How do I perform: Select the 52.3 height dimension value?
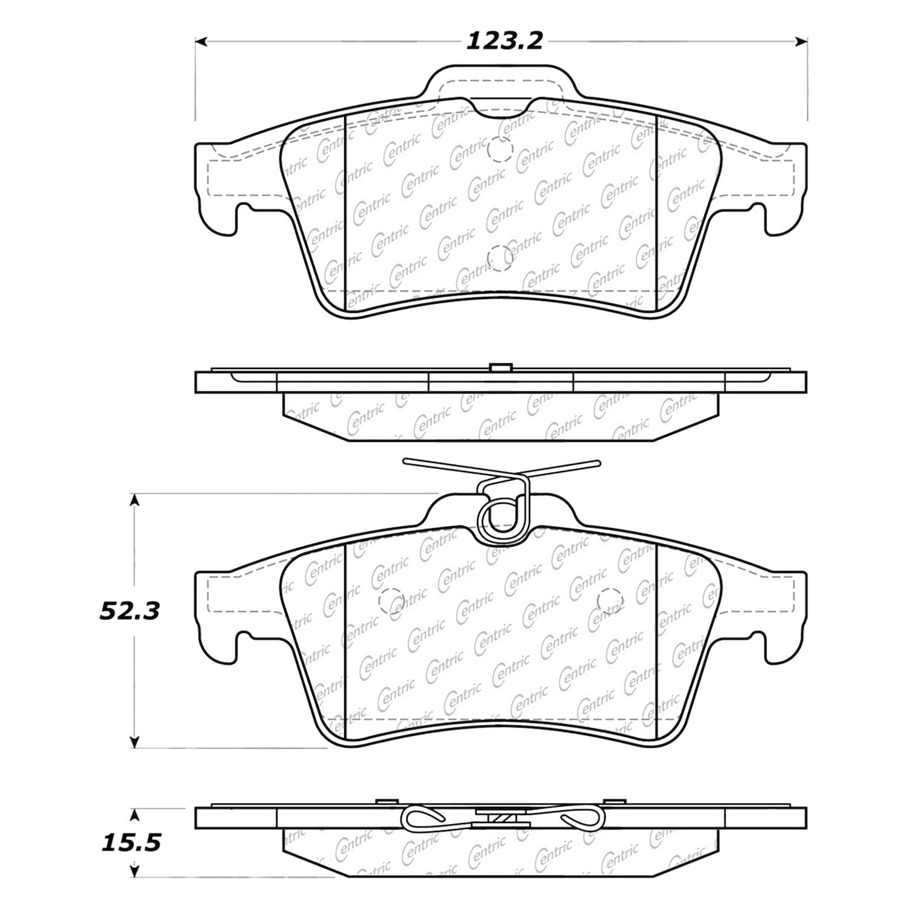pos(130,611)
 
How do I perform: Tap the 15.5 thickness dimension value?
pos(130,843)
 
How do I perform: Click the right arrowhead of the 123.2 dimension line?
pos(801,42)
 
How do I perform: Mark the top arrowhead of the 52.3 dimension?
pos(135,500)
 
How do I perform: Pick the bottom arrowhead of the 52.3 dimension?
pos(135,741)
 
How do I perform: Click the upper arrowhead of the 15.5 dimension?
pos(135,814)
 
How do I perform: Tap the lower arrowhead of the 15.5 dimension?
pos(135,870)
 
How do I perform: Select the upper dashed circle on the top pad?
pos(501,149)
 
